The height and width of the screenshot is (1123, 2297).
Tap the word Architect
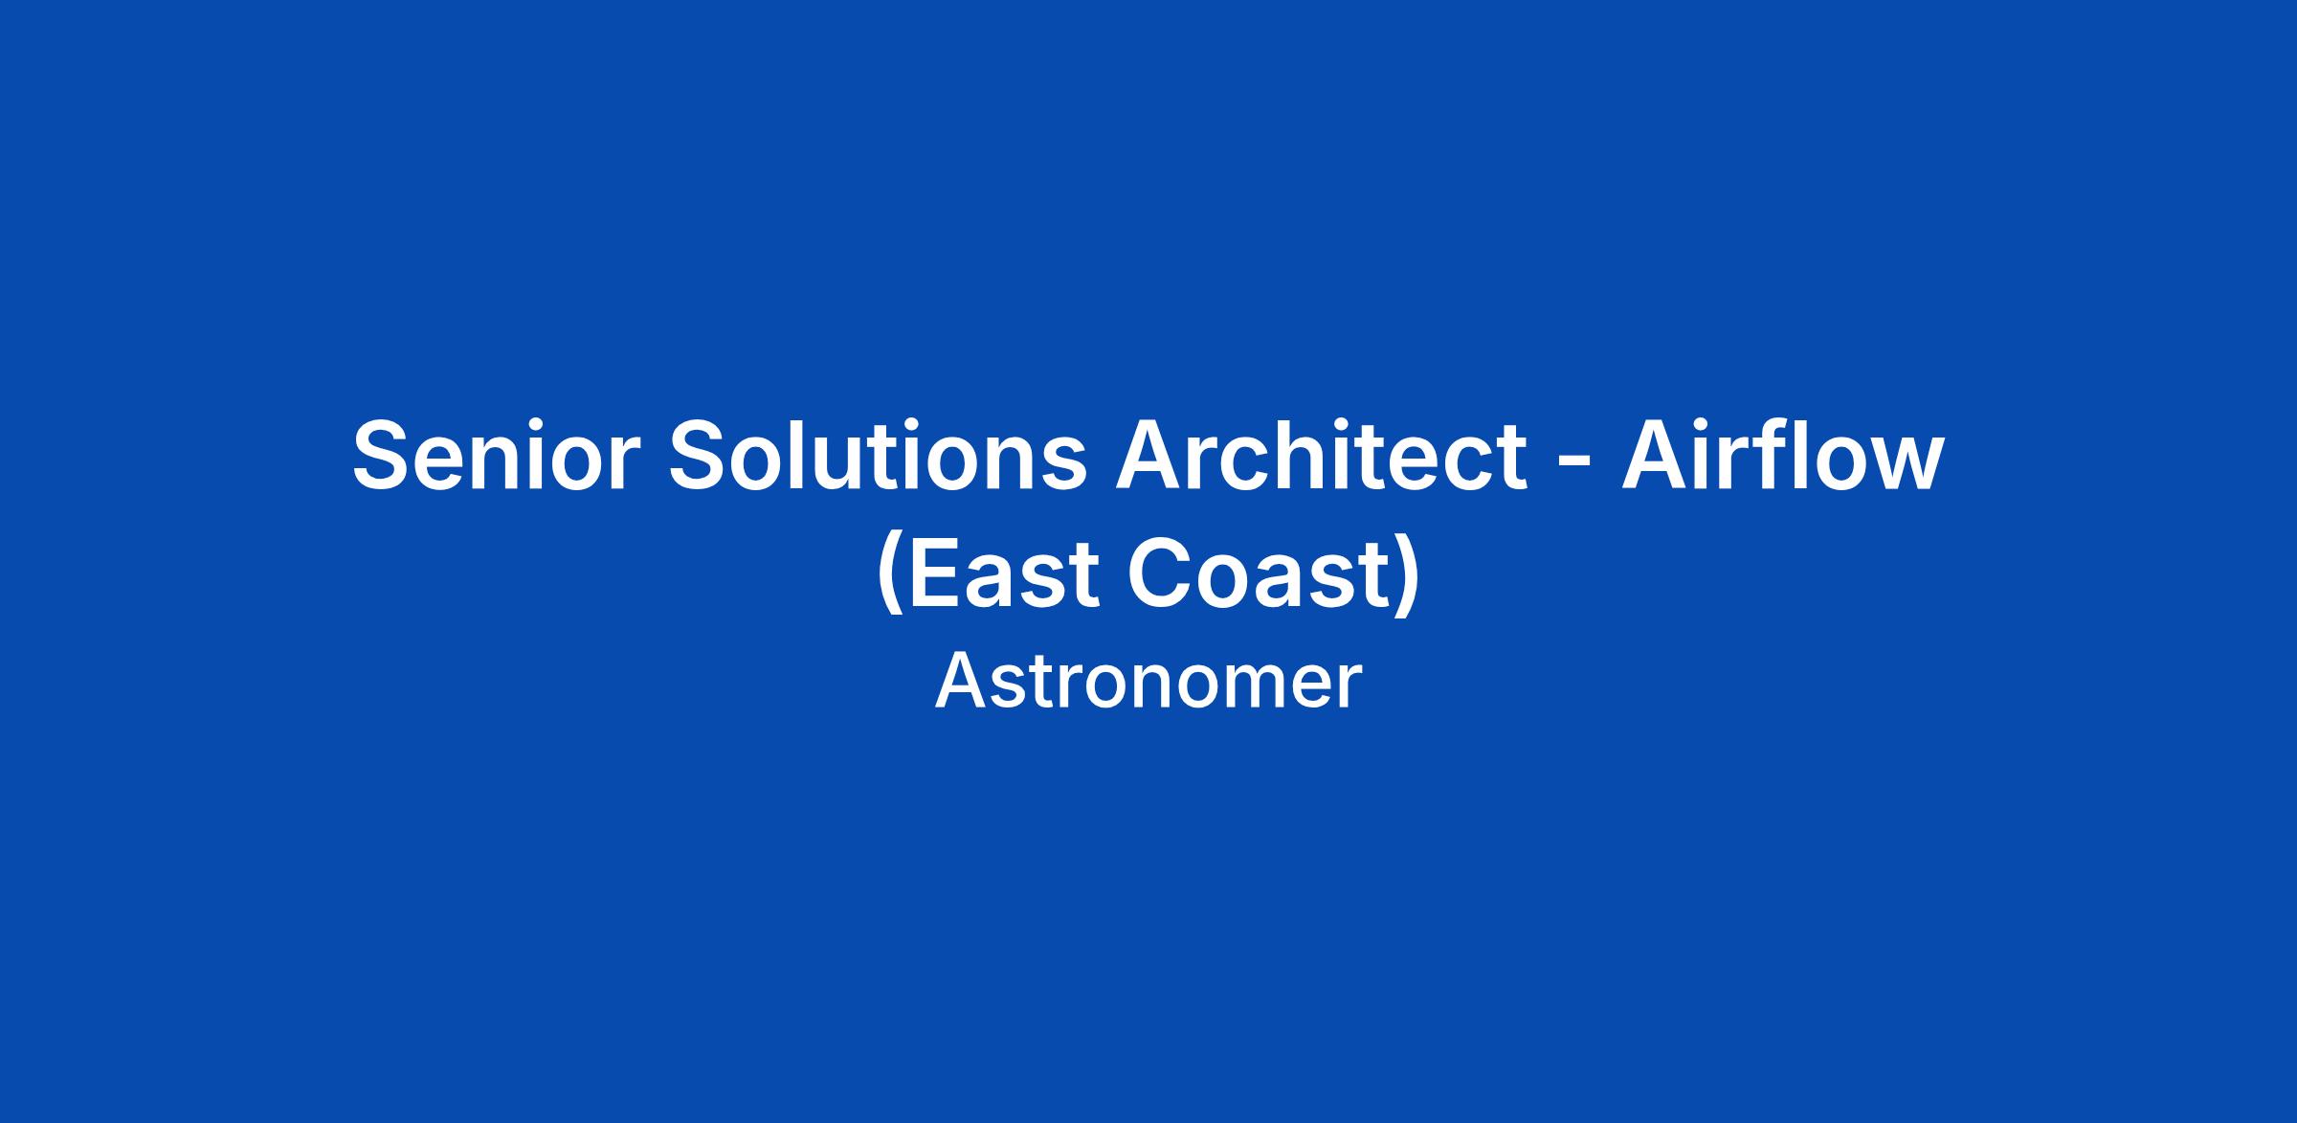(x=1321, y=456)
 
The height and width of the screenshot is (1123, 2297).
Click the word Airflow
(x=1782, y=456)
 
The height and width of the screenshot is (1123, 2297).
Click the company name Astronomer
(x=1148, y=682)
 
